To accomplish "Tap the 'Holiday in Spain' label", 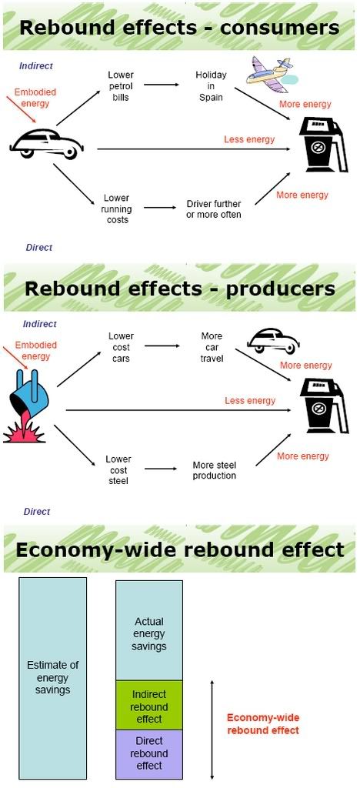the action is [x=211, y=86].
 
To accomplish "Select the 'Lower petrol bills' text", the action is [x=121, y=86].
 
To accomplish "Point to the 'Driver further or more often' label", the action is [x=213, y=209].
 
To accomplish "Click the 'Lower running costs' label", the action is [x=117, y=209].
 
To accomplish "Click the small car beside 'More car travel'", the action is [x=270, y=341].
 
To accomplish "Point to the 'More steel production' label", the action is [x=214, y=470].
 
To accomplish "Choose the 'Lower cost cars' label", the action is [x=121, y=347].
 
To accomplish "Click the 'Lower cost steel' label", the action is [x=118, y=470].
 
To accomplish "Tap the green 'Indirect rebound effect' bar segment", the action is [x=149, y=706].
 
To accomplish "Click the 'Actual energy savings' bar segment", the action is [x=149, y=631].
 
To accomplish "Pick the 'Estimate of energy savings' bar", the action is [x=53, y=678].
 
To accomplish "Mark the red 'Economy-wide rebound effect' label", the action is [x=263, y=724].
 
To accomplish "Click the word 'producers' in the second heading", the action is [x=280, y=289].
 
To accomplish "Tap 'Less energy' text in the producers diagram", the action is [x=250, y=400].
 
